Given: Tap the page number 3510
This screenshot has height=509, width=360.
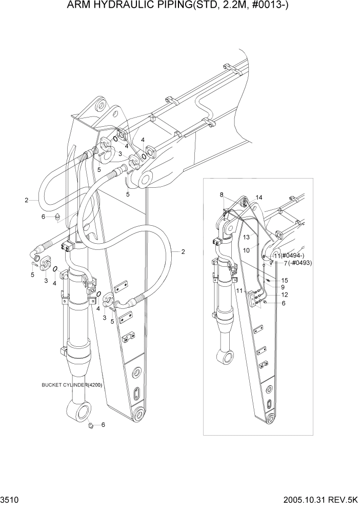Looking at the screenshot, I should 10,500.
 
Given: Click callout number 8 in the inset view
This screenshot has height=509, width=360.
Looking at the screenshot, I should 222,194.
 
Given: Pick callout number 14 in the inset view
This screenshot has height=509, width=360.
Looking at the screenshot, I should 258,198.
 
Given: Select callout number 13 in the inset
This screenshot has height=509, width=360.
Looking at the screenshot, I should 246,237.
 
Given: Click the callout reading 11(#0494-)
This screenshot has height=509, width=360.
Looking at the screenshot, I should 289,255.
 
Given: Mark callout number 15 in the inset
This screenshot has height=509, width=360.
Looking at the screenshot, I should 285,280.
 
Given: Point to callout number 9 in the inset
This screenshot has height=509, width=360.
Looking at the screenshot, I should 282,287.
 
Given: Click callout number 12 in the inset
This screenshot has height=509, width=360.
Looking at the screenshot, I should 284,295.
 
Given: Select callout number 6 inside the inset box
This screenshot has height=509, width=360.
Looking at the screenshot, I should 283,303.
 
